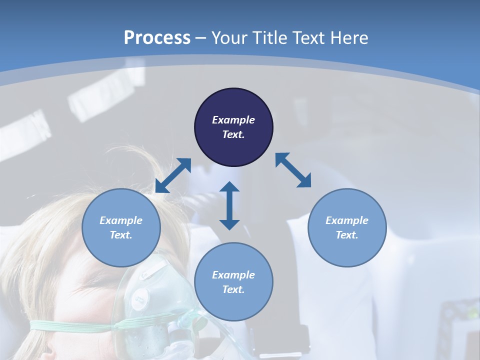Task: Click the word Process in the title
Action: click(157, 38)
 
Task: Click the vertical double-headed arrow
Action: click(229, 205)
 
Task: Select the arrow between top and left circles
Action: click(173, 175)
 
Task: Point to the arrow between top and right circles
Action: click(293, 170)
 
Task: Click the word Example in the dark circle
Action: click(233, 120)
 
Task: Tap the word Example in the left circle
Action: click(121, 220)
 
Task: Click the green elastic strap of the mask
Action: click(75, 326)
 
